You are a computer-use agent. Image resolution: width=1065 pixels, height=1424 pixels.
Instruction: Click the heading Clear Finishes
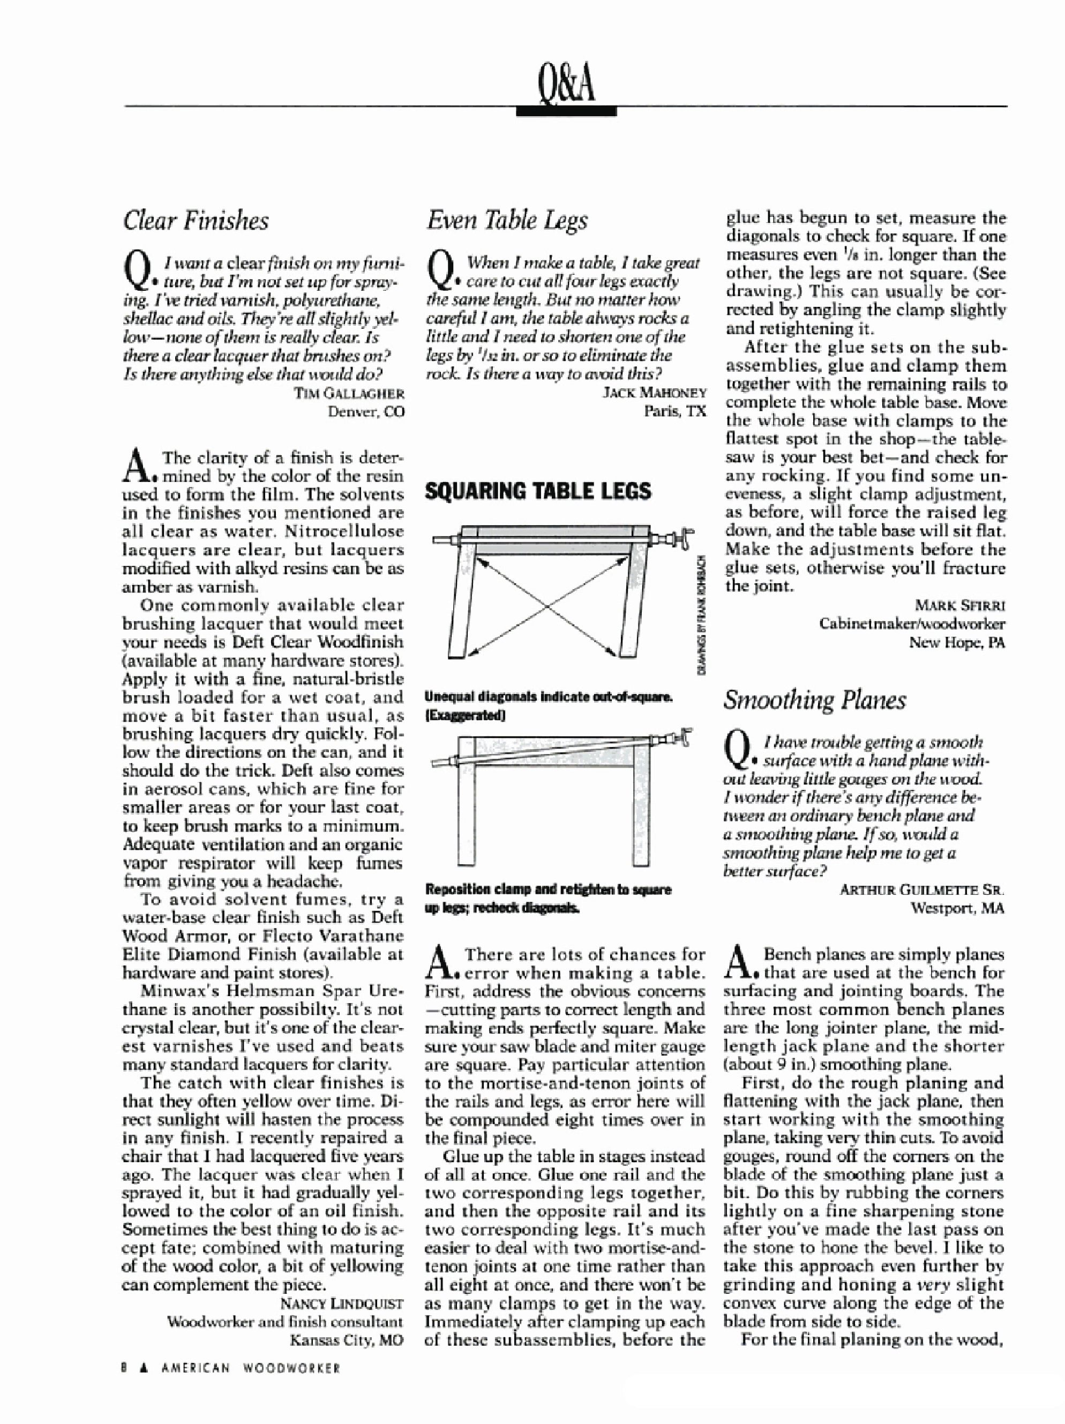click(x=195, y=221)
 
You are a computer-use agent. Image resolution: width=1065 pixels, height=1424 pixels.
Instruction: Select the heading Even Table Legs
click(x=506, y=221)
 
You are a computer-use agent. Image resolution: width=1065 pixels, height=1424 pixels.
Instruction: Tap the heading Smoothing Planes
click(x=814, y=700)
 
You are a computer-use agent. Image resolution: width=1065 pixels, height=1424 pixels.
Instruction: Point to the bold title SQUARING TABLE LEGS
click(x=538, y=492)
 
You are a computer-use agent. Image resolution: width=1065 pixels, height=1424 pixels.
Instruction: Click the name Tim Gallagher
click(x=349, y=393)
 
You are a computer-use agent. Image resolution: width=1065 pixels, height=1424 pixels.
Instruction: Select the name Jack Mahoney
click(x=654, y=393)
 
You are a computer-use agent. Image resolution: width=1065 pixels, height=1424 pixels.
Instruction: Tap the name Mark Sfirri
click(x=959, y=605)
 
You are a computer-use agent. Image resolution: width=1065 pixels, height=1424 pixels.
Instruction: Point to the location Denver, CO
click(x=366, y=411)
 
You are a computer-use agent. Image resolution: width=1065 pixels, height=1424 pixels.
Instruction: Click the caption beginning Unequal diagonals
click(x=549, y=698)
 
